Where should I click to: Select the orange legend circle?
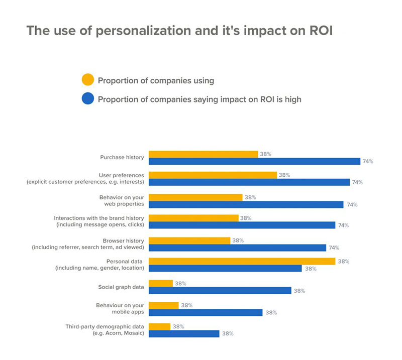[x=87, y=80]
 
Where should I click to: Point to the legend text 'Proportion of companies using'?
[x=156, y=80]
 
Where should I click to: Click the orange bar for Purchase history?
[x=203, y=154]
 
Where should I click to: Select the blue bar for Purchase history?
[x=255, y=161]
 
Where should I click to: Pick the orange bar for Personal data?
[x=242, y=261]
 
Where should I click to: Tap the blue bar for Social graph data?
[x=220, y=291]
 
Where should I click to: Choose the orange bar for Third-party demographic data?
[x=160, y=326]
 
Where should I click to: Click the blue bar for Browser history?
[x=237, y=248]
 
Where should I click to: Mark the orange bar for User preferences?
[x=213, y=175]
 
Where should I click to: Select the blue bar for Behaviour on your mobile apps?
[x=206, y=312]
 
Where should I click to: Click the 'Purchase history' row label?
[x=122, y=157]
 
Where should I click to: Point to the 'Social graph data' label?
[x=121, y=287]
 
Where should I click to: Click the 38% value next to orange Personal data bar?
[x=344, y=261]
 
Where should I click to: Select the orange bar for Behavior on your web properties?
[x=195, y=197]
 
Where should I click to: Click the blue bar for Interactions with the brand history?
[x=242, y=225]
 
